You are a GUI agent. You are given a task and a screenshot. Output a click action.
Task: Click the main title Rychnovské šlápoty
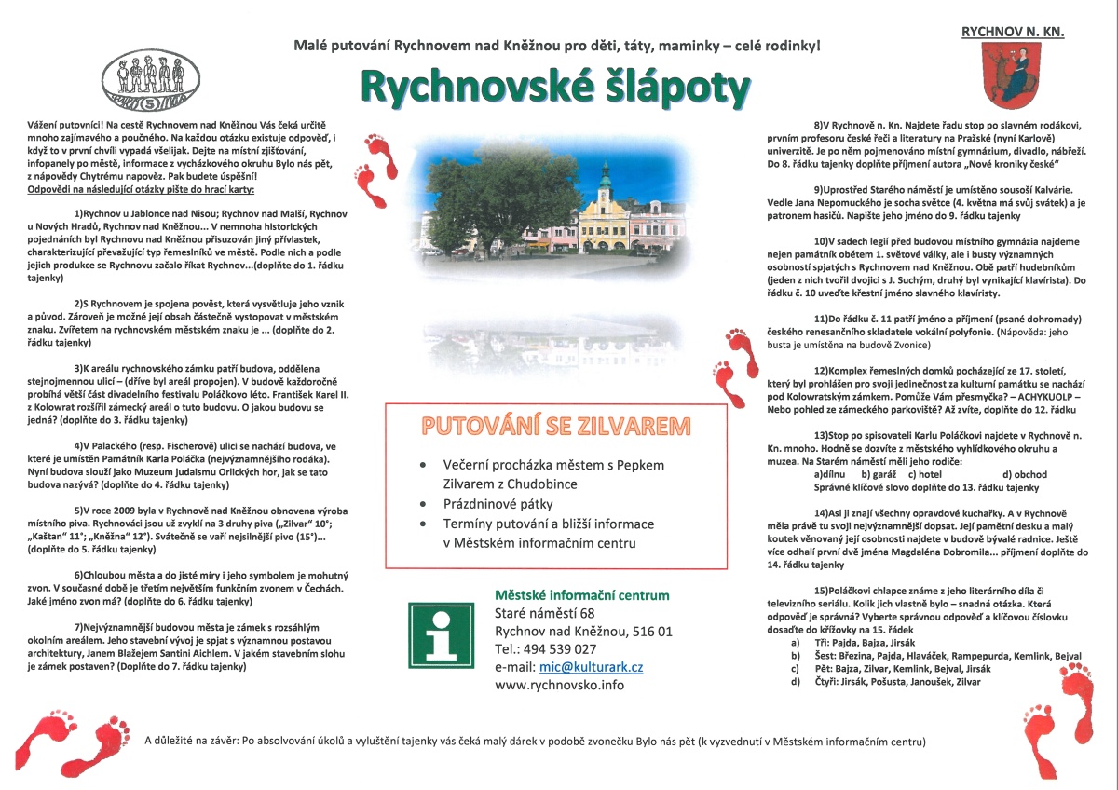coord(554,88)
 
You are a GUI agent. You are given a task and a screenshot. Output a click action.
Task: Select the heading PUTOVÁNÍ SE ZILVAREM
coord(556,427)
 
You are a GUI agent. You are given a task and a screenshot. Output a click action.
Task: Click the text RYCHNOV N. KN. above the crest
coord(1013,31)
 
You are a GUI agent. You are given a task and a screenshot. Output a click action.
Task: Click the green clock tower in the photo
coord(605,177)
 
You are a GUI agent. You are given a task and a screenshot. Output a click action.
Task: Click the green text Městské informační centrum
coord(581,595)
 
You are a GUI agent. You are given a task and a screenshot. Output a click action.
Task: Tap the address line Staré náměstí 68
coord(544,613)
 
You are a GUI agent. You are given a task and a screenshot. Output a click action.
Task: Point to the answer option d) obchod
coord(1025,475)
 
